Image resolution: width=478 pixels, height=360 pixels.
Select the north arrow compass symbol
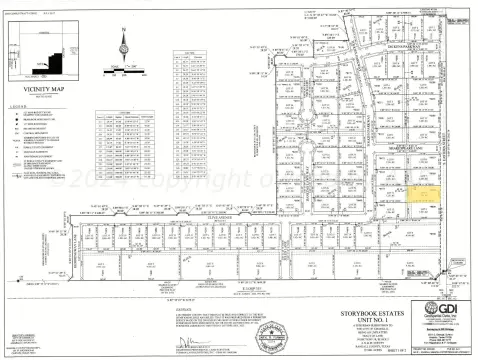[x=123, y=47]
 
